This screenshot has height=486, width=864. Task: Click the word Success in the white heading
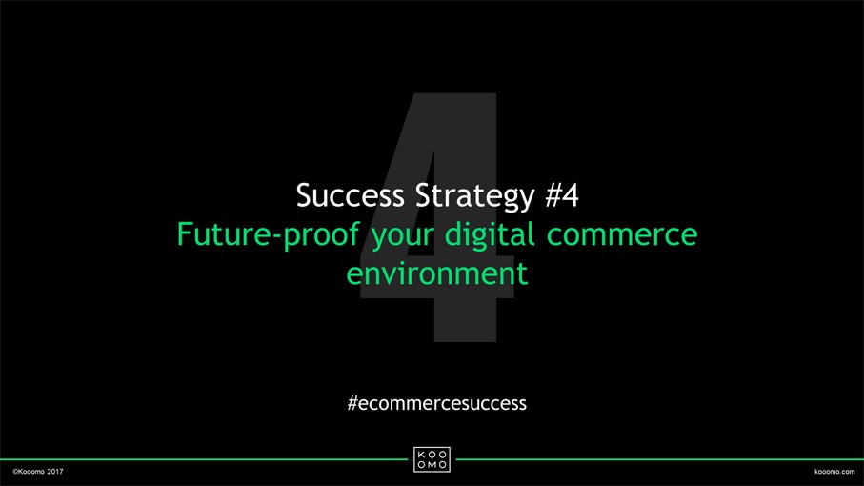click(350, 195)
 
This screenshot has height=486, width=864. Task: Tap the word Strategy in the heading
click(475, 197)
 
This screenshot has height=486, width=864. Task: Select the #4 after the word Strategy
click(562, 195)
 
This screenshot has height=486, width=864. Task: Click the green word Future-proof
click(269, 235)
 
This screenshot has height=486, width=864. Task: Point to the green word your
click(402, 237)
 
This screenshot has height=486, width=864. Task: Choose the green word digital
click(490, 235)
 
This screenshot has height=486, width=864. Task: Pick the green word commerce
click(622, 236)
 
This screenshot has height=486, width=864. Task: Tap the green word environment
click(437, 273)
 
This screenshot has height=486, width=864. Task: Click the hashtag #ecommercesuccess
click(437, 403)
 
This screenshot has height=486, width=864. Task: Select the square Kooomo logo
click(432, 459)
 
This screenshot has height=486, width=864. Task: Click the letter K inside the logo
click(422, 455)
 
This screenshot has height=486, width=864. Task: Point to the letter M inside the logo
click(432, 464)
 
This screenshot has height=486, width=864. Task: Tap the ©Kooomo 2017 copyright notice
click(38, 472)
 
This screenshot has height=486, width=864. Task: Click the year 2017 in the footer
click(55, 472)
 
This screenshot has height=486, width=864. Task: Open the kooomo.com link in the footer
click(834, 472)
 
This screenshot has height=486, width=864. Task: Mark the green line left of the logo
click(204, 459)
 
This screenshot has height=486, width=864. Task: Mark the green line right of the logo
click(660, 459)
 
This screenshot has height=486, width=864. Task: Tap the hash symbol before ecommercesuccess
click(352, 403)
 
